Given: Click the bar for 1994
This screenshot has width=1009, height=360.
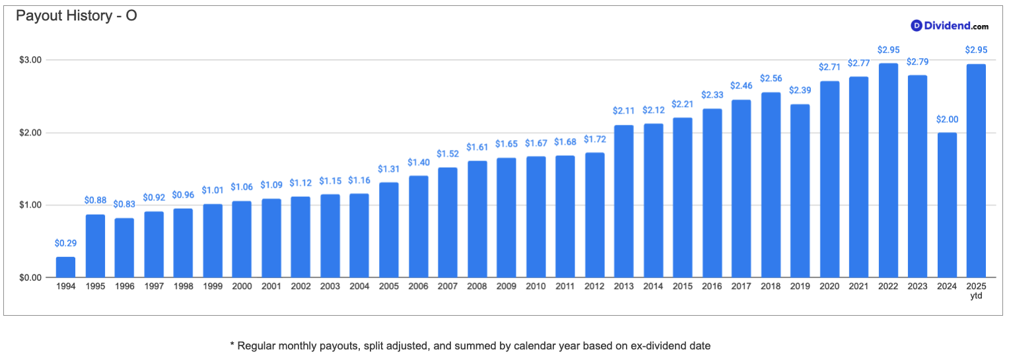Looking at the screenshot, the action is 66,267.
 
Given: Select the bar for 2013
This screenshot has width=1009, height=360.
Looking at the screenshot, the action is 624,201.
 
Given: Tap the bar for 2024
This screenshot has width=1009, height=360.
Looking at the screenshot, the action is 947,205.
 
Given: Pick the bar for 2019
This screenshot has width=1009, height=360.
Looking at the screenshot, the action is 800,191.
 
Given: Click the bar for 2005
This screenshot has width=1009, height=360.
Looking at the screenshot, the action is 389,230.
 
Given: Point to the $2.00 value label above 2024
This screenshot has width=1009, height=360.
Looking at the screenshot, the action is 947,120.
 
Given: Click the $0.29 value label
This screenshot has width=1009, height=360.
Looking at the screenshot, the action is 66,243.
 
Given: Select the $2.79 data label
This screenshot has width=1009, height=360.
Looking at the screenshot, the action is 918,61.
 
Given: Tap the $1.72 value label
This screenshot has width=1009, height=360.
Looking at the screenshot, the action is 594,139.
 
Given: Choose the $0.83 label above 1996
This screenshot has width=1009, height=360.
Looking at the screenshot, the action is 124,204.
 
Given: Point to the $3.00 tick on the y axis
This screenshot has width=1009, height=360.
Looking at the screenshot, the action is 30,60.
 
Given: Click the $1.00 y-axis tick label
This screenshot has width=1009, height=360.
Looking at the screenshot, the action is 30,205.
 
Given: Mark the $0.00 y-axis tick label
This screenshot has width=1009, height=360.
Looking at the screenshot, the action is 30,277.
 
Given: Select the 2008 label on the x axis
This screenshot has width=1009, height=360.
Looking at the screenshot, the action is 477,286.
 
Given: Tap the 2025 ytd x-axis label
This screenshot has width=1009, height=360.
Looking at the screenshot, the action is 976,291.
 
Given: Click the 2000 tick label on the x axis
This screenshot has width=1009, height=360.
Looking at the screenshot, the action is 242,286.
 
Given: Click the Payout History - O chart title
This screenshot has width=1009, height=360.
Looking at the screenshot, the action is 77,16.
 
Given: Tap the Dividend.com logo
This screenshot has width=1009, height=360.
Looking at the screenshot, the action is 950,26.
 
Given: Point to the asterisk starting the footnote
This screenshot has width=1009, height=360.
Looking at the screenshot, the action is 232,345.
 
